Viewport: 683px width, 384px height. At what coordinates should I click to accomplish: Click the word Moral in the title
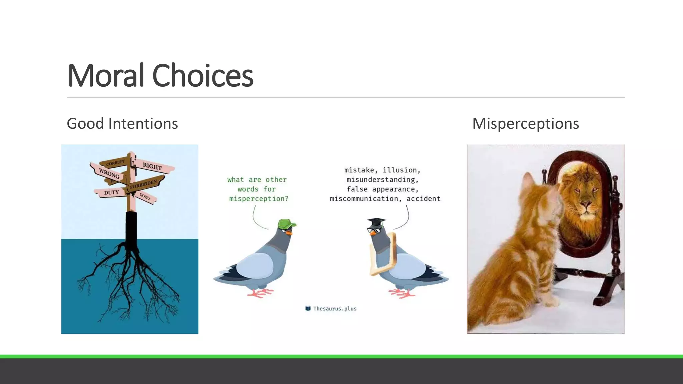106,76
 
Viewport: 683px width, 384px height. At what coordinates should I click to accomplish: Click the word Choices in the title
202,76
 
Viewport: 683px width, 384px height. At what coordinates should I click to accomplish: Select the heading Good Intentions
122,124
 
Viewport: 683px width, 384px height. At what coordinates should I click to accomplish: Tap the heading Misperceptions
525,124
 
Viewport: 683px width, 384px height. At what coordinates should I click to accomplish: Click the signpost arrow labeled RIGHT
152,166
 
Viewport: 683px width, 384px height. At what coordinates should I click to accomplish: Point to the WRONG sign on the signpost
109,173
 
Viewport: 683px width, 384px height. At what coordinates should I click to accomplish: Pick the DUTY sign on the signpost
111,192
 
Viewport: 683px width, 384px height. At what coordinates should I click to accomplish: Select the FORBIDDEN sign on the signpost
144,184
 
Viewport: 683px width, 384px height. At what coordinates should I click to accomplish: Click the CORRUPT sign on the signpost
116,163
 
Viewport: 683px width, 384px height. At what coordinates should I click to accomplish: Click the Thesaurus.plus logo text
334,309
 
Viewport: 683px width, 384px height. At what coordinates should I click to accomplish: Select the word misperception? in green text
259,199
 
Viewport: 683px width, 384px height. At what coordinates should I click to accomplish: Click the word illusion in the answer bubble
401,170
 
